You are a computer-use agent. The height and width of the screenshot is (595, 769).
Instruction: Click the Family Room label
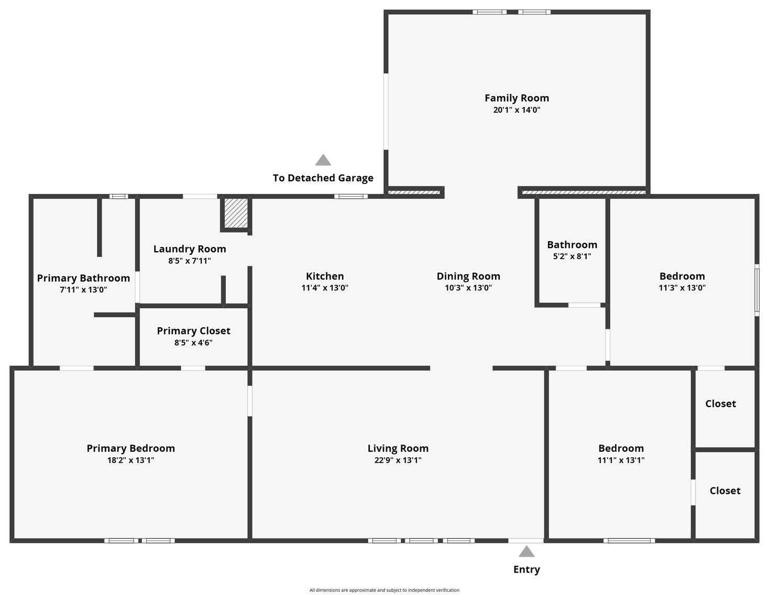coord(517,98)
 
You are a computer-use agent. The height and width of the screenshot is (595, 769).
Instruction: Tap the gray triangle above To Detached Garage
coord(323,160)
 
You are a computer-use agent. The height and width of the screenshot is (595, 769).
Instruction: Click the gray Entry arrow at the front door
coord(526,551)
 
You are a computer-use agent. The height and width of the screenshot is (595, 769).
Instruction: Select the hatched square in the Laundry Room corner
coord(236,213)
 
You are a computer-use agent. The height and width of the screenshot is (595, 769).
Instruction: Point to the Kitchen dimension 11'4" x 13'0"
coord(325,288)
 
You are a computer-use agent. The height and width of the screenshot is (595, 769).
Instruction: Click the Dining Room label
coord(468,276)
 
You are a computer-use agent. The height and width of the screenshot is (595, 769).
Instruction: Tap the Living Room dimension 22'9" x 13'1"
coord(398,460)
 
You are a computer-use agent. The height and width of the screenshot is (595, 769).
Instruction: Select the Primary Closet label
coord(193,331)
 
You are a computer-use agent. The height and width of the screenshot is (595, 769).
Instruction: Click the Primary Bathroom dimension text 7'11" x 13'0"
coord(83,289)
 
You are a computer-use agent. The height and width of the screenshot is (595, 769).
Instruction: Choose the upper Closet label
coord(720,404)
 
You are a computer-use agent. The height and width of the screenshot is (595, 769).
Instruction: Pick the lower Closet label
coord(725,491)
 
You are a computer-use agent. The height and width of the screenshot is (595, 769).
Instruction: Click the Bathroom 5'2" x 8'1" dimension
coord(572,256)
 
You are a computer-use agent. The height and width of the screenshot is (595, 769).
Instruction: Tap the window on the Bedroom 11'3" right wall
coord(756,291)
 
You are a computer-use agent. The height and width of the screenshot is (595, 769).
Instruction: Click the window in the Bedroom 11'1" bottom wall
coord(629,540)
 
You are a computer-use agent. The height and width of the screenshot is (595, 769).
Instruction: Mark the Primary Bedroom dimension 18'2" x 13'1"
coord(130,460)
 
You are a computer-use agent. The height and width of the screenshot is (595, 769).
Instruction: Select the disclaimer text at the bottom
coord(384,590)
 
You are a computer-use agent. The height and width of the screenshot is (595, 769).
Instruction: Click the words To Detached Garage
coord(323,178)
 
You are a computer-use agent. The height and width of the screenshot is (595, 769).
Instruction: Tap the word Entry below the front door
coord(526,569)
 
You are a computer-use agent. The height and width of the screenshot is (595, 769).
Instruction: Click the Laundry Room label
coord(190,249)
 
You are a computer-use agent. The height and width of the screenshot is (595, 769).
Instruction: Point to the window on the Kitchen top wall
coord(351,197)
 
